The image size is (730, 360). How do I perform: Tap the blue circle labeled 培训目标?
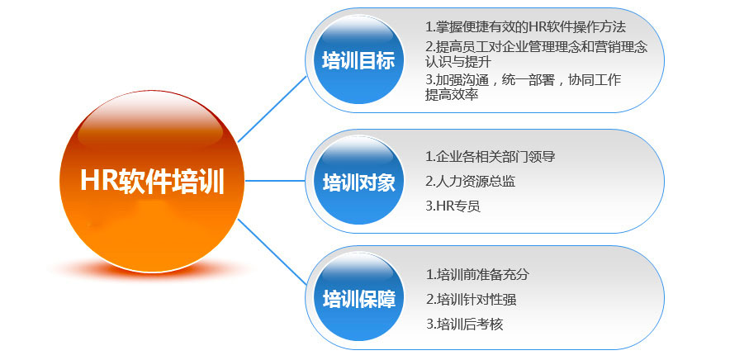(x=358, y=60)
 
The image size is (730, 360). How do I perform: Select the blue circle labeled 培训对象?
(x=358, y=181)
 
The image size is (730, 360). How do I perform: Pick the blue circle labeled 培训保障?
(x=358, y=298)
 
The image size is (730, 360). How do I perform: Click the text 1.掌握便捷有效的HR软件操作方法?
(x=525, y=27)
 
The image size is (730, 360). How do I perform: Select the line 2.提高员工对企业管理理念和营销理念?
(x=536, y=47)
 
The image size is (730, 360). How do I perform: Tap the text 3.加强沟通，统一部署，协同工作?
(x=523, y=80)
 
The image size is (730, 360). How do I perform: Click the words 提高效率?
(x=452, y=95)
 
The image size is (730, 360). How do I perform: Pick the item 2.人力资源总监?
(x=471, y=181)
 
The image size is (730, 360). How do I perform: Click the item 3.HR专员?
(x=453, y=206)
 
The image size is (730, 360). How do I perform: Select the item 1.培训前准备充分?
(x=483, y=274)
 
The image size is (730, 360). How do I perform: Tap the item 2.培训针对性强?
(x=476, y=299)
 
